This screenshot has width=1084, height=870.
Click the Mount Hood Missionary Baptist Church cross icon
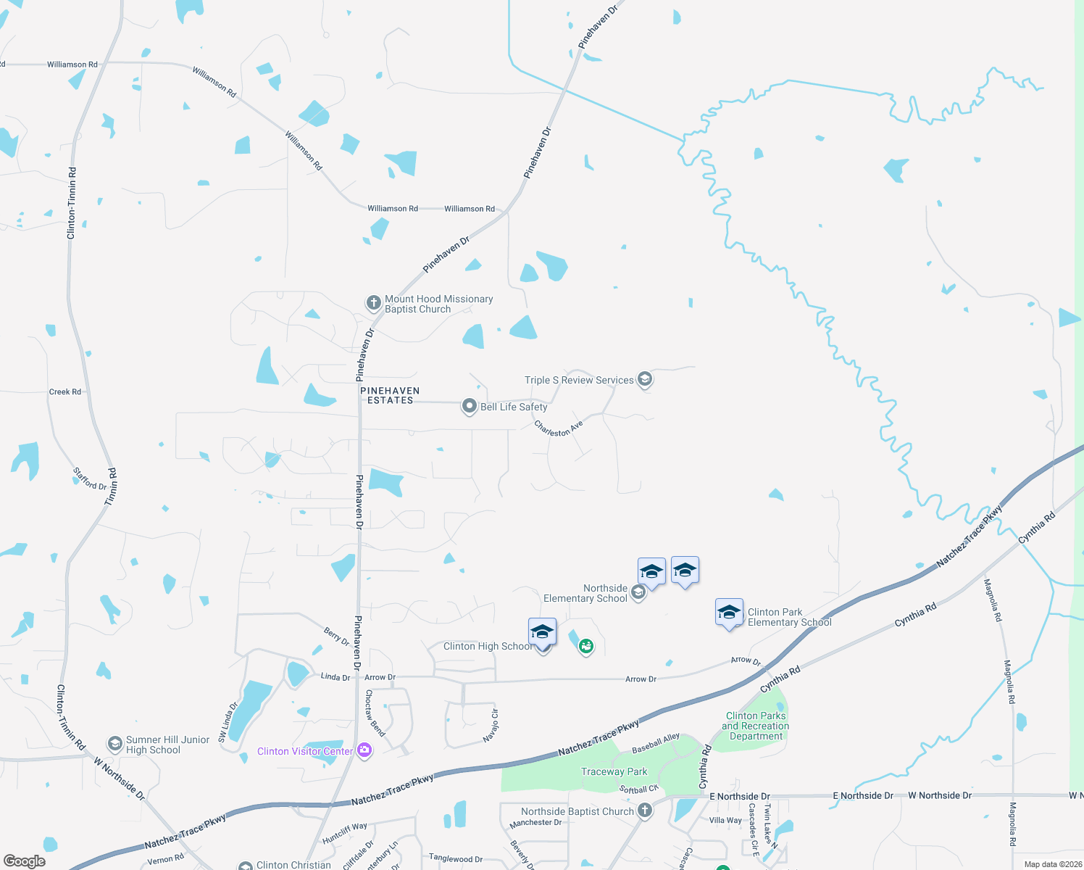pyautogui.click(x=373, y=303)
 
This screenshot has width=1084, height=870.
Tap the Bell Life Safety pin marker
pyautogui.click(x=470, y=407)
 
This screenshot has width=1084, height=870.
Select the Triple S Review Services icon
pyautogui.click(x=644, y=379)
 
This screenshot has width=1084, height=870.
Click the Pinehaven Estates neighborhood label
pyautogui.click(x=390, y=395)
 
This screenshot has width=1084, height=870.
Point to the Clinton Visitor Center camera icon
pyautogui.click(x=364, y=750)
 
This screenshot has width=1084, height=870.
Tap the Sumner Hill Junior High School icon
pyautogui.click(x=114, y=744)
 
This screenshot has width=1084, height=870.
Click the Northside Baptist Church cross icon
pyautogui.click(x=644, y=811)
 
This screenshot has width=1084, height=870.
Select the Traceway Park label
pyautogui.click(x=614, y=771)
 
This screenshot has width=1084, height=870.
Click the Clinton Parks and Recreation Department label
pyautogui.click(x=756, y=726)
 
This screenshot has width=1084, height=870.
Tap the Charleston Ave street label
pyautogui.click(x=558, y=428)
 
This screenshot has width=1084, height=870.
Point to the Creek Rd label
pyautogui.click(x=65, y=391)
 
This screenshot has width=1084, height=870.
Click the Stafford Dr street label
pyautogui.click(x=90, y=478)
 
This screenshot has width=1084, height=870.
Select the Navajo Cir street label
pyautogui.click(x=491, y=725)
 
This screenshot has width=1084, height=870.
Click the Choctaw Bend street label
pyautogui.click(x=375, y=713)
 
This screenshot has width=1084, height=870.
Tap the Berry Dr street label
pyautogui.click(x=336, y=637)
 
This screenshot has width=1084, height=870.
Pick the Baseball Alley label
pyautogui.click(x=656, y=742)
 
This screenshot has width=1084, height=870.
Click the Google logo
pyautogui.click(x=25, y=861)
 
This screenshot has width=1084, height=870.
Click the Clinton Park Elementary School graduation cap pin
pyautogui.click(x=729, y=613)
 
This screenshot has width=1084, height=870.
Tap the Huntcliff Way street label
pyautogui.click(x=344, y=832)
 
